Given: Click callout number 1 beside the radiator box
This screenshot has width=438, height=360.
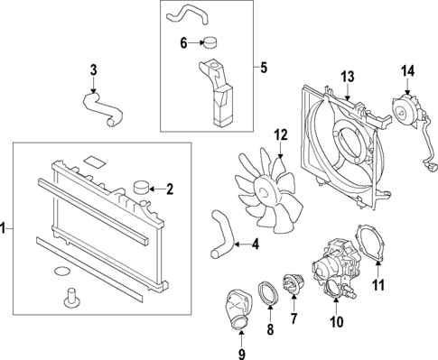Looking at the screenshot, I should pyautogui.click(x=5, y=230).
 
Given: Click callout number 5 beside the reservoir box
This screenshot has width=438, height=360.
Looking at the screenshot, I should pyautogui.click(x=263, y=66).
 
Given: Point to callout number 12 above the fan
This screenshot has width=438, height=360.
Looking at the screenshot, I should pyautogui.click(x=280, y=135).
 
